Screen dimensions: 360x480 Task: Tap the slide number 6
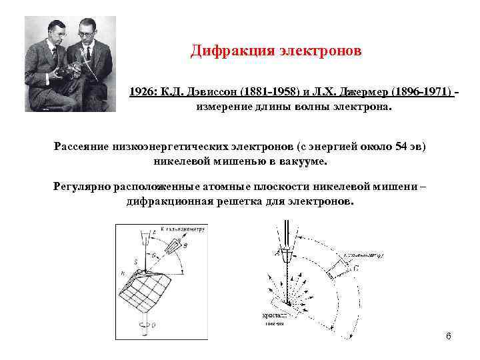(x=448, y=335)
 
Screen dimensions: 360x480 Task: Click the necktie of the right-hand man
(x=86, y=53)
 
